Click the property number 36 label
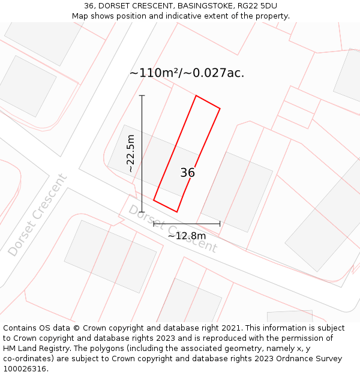click(187, 173)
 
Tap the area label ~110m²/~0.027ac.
click(187, 73)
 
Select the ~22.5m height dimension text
click(131, 154)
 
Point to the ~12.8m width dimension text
click(187, 236)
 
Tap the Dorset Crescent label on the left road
click(37, 215)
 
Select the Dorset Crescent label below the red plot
click(172, 229)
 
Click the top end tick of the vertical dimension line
click(142, 95)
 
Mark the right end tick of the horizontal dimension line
click(220, 224)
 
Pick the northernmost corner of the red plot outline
click(196, 95)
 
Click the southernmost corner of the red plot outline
click(176, 212)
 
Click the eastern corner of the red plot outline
click(220, 109)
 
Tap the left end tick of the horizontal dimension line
click(154, 224)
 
